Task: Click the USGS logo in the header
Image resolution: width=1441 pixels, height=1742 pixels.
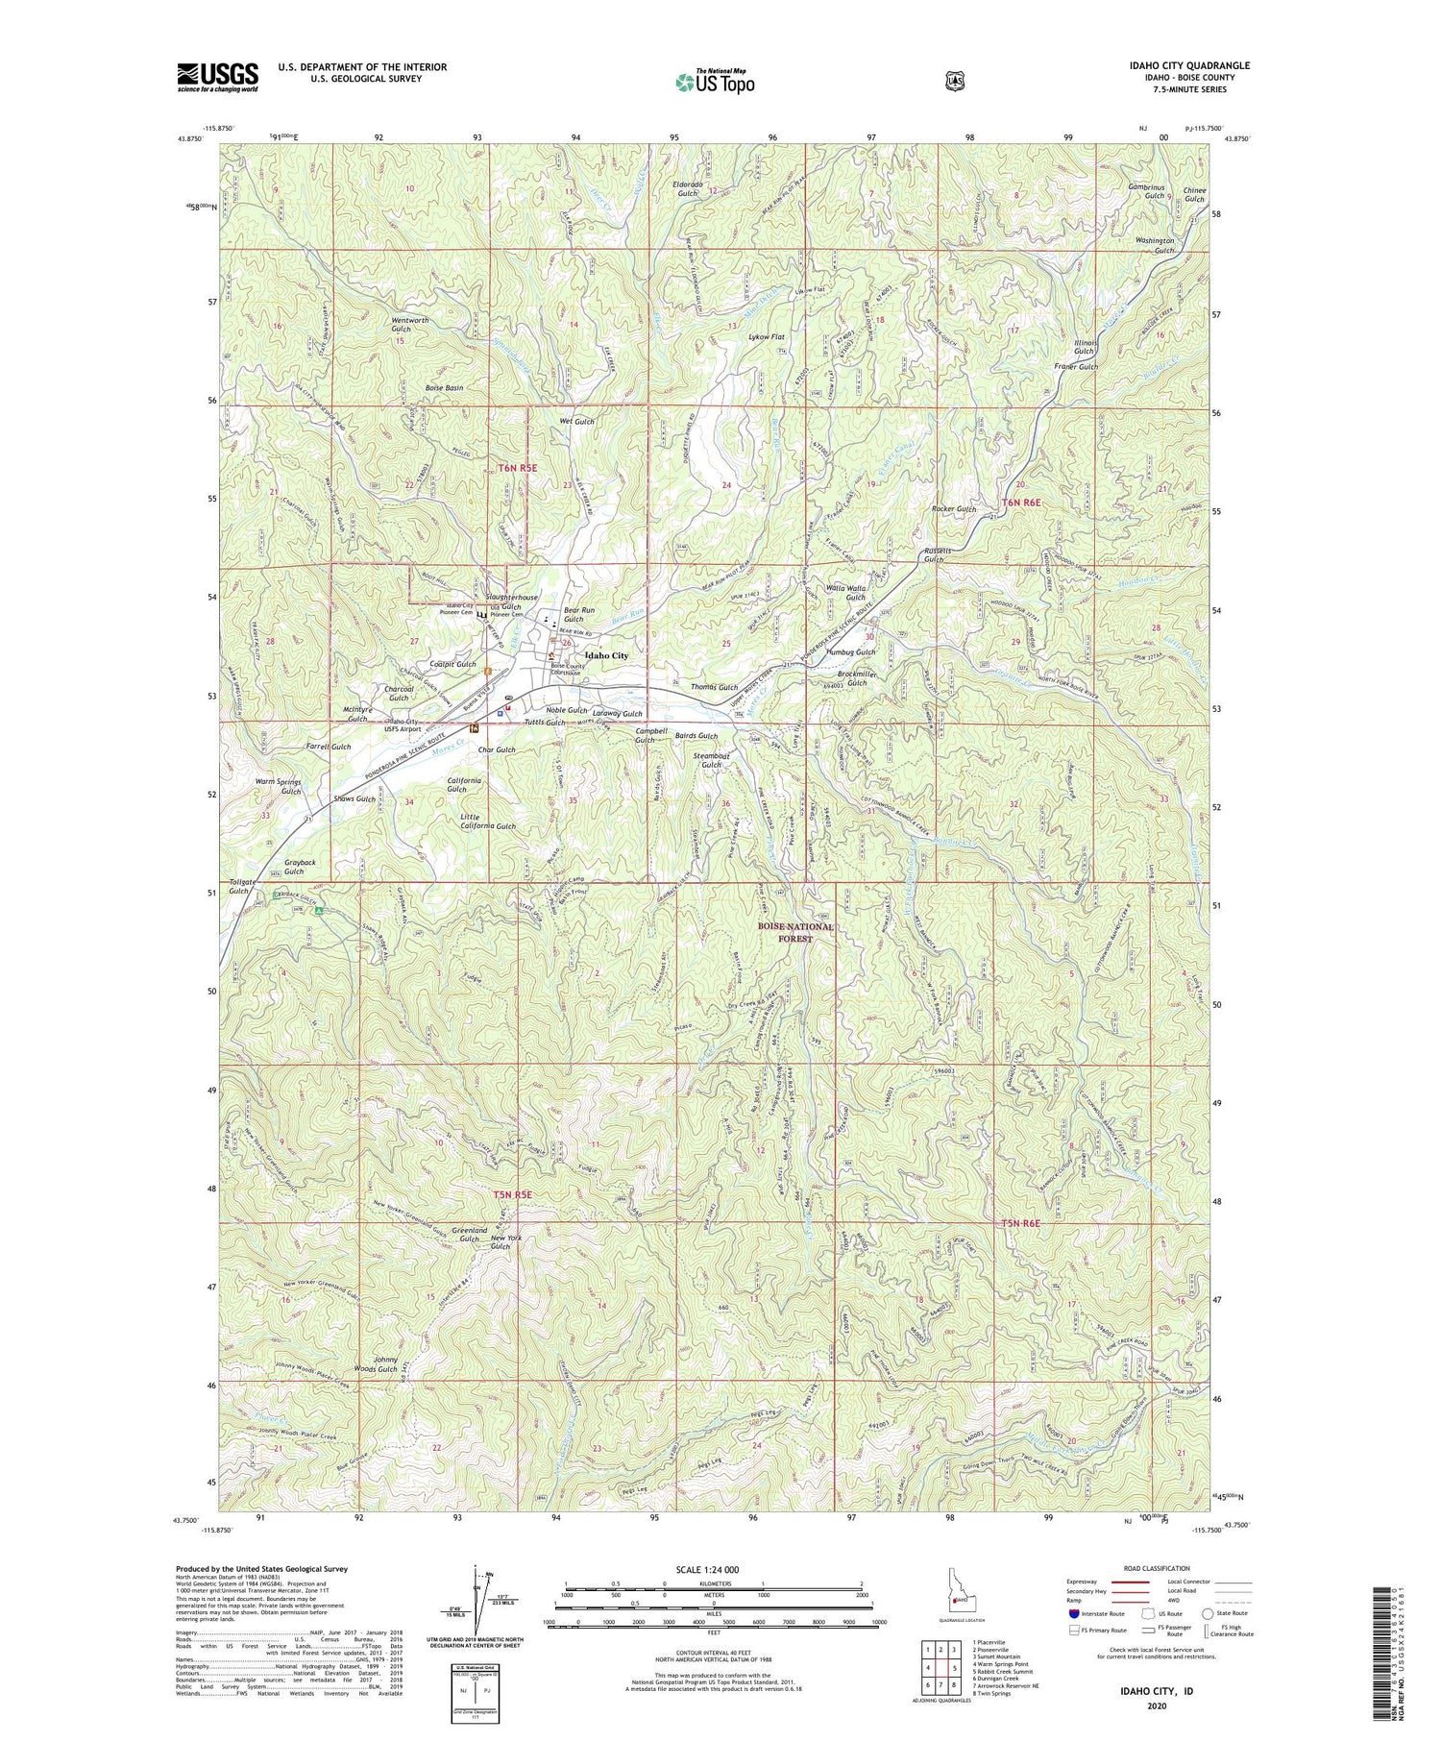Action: [217, 77]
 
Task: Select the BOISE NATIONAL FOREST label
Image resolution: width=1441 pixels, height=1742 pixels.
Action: [795, 932]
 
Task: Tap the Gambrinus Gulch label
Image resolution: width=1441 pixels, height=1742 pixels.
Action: [1145, 189]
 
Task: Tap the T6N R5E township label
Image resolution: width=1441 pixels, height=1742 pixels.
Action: [517, 467]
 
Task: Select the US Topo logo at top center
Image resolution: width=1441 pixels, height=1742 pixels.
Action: [714, 82]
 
